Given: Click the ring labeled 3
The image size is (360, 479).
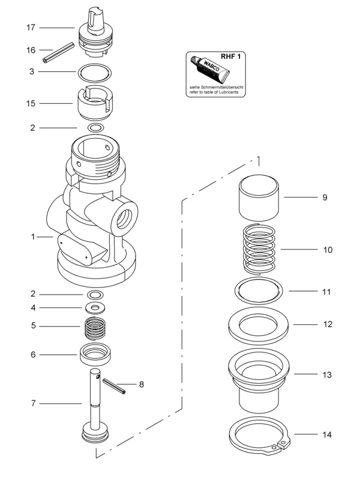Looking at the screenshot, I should pos(94,71).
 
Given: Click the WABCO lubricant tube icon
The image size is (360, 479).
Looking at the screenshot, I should pos(208,70).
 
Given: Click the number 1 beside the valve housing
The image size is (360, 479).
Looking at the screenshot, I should pos(34,237).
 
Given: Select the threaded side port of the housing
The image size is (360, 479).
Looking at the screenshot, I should pos(127,214).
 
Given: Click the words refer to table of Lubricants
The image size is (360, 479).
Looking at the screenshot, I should pos(215,93).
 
